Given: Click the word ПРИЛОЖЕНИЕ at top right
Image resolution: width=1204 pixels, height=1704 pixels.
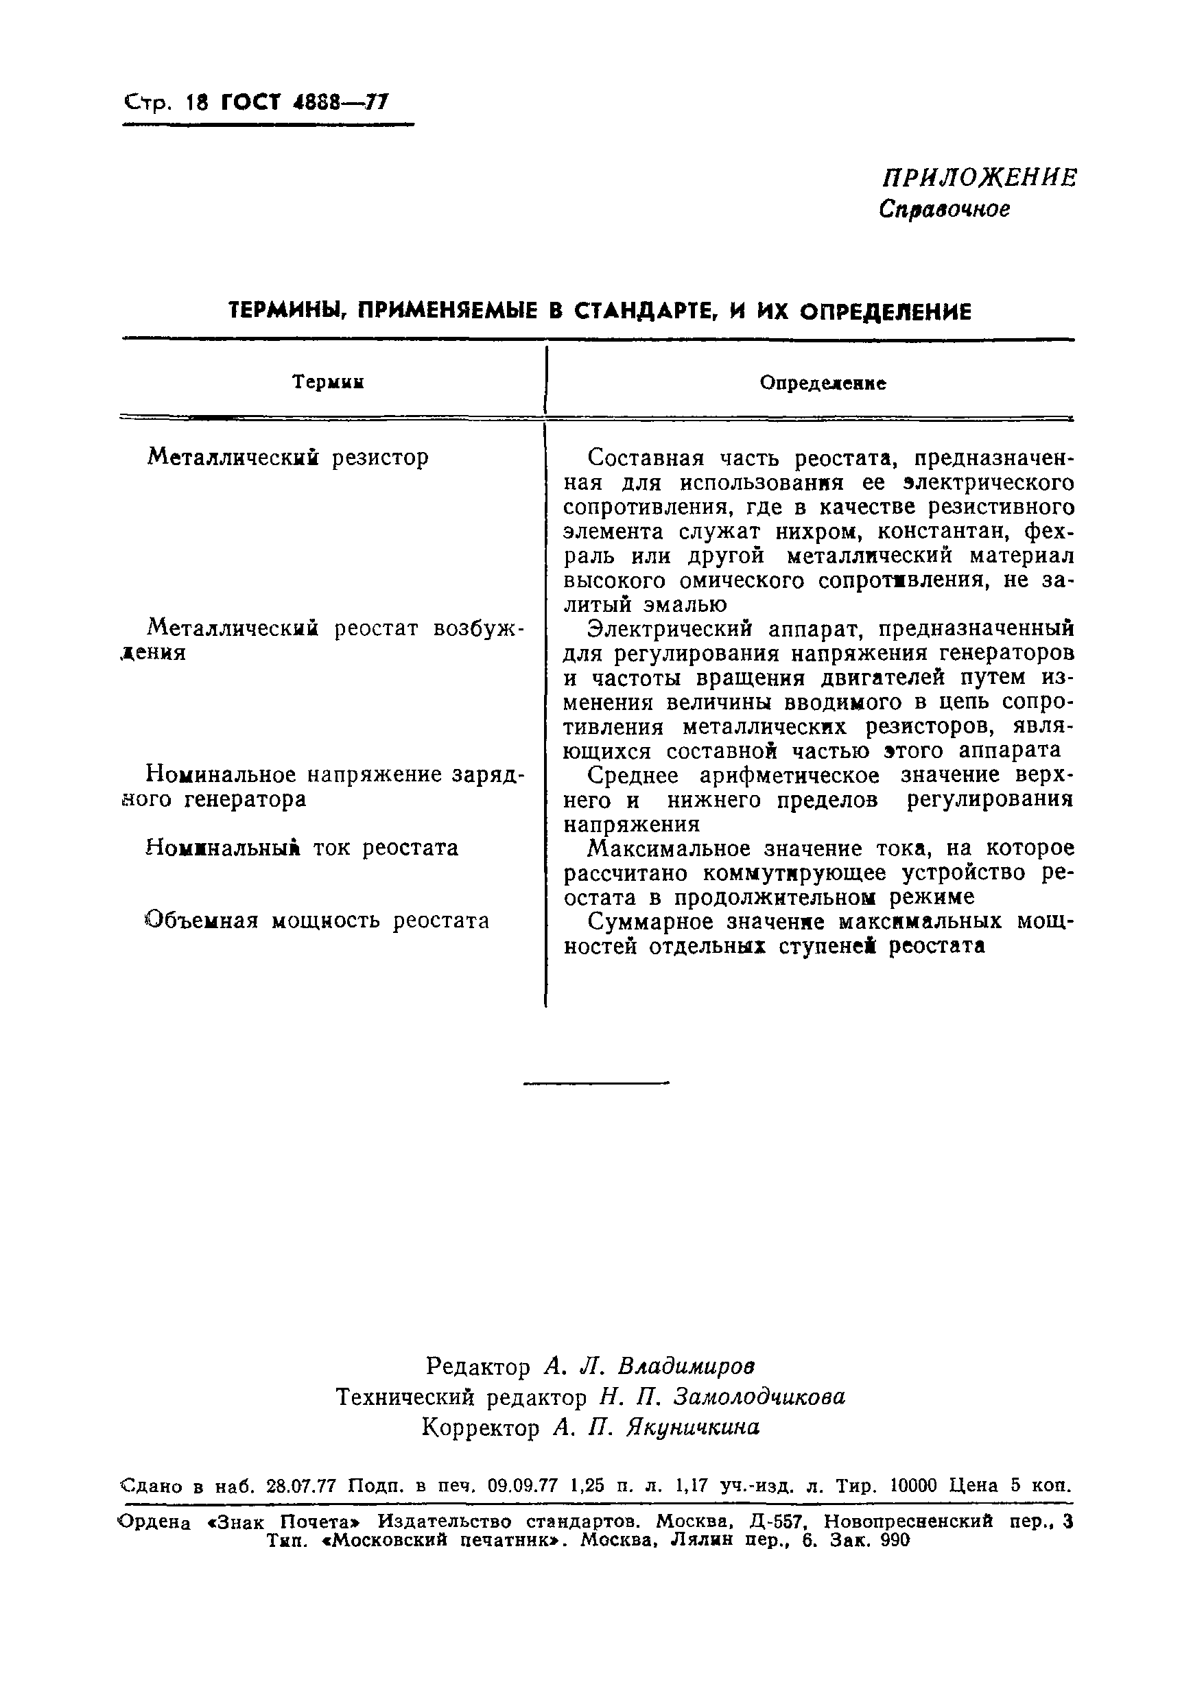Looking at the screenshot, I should pyautogui.click(x=979, y=178).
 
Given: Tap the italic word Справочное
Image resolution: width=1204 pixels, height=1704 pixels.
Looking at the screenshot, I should pyautogui.click(x=944, y=210).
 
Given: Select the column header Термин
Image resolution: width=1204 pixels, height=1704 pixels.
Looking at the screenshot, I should pyautogui.click(x=328, y=382).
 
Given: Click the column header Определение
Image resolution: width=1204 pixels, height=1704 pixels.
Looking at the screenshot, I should pyautogui.click(x=823, y=383).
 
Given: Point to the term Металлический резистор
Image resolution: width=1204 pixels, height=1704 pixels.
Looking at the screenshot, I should pyautogui.click(x=288, y=457).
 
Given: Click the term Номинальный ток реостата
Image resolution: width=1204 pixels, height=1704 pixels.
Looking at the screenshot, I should pyautogui.click(x=302, y=848).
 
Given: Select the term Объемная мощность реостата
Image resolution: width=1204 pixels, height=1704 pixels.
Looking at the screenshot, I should pyautogui.click(x=317, y=921).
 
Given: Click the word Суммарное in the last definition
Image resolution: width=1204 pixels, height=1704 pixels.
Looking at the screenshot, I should pyautogui.click(x=645, y=921).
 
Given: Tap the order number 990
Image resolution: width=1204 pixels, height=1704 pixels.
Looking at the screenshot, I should pyautogui.click(x=895, y=1540).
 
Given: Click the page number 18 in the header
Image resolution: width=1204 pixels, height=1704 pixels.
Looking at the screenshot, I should pyautogui.click(x=198, y=102).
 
